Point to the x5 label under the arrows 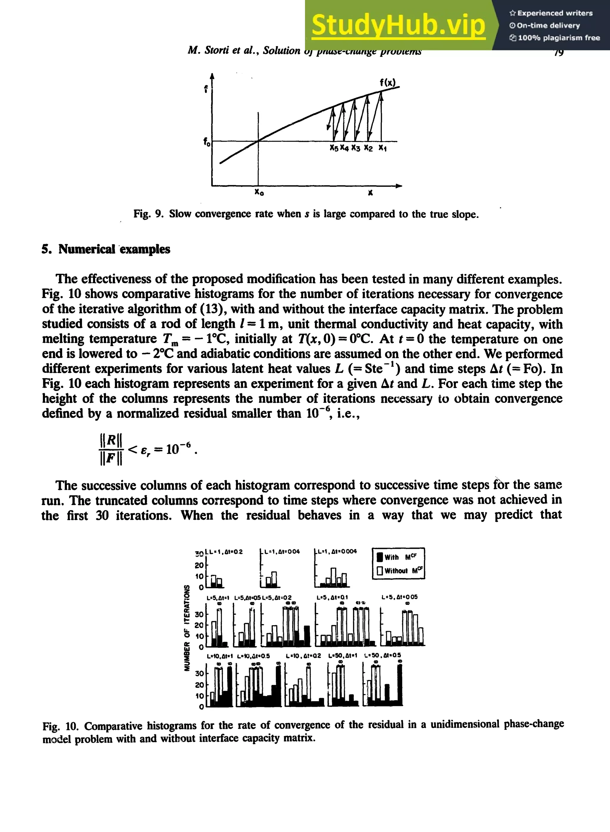click(334, 148)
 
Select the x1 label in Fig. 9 click(382, 148)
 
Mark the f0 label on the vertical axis click(207, 142)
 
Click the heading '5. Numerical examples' click(106, 250)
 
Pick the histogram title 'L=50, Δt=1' click(343, 656)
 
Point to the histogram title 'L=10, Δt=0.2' click(304, 656)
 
